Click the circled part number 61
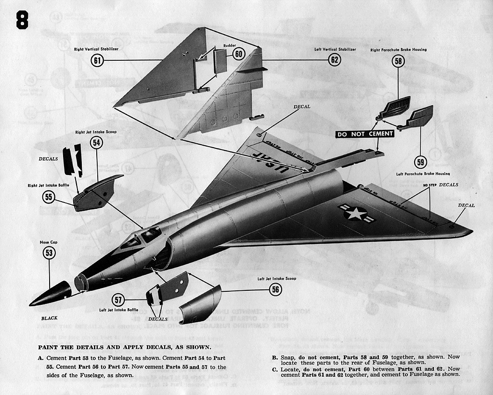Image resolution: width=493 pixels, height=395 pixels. click(x=98, y=60)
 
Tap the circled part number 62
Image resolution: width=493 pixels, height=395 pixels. click(x=334, y=60)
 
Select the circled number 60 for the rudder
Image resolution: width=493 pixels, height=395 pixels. click(x=239, y=54)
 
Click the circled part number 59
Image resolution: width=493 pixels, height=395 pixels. click(x=421, y=162)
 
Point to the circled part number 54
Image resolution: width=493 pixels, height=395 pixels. click(x=97, y=142)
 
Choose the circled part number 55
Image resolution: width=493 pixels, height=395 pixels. click(x=49, y=196)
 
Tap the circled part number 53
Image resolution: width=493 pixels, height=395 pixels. click(x=49, y=252)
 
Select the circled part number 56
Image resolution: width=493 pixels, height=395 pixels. click(x=275, y=289)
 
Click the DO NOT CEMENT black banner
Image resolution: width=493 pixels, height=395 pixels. click(x=364, y=134)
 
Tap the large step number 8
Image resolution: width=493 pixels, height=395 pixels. click(x=22, y=20)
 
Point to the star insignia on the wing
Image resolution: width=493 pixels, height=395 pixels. click(x=356, y=213)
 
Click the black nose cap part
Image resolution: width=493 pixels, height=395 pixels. click(x=51, y=294)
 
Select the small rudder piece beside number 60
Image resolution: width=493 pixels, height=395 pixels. click(x=220, y=61)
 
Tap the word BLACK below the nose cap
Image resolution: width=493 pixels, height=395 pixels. click(x=50, y=318)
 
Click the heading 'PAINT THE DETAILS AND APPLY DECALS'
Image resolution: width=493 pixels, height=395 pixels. click(x=124, y=347)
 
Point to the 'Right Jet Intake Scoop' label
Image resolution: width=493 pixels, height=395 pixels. click(x=95, y=132)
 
